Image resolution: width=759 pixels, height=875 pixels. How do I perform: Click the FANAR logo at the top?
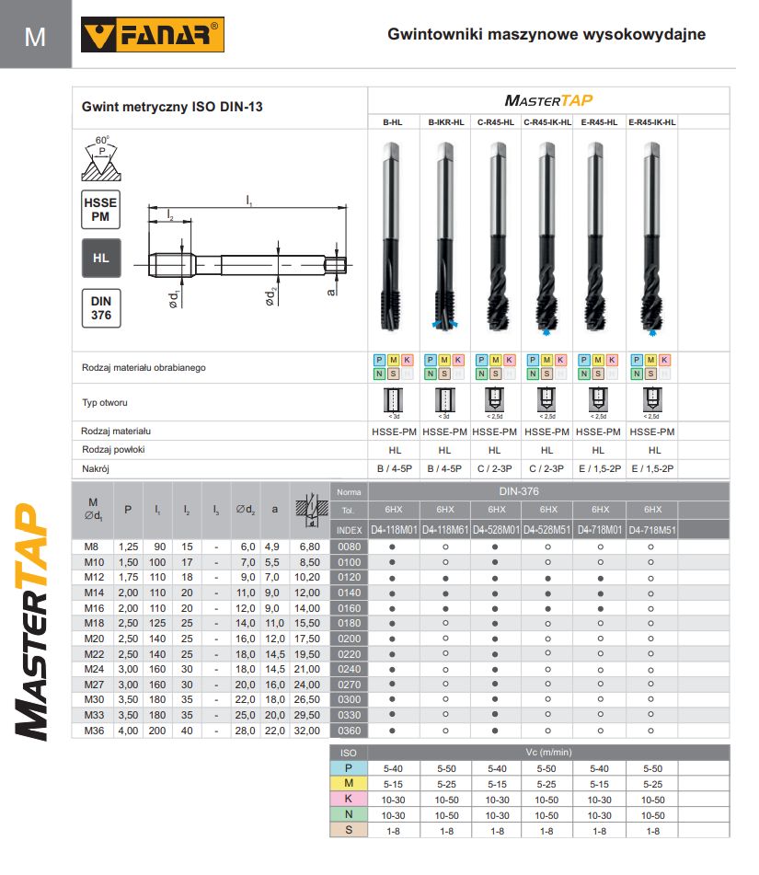pyautogui.click(x=153, y=36)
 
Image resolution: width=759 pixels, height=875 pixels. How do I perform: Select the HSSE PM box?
pyautogui.click(x=101, y=208)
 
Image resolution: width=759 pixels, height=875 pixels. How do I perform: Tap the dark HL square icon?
pyautogui.click(x=101, y=259)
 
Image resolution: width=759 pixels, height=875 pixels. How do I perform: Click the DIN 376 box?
pyautogui.click(x=101, y=308)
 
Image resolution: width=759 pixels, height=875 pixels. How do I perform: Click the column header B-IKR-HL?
pyautogui.click(x=445, y=121)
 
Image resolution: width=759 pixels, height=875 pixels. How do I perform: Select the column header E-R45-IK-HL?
pyautogui.click(x=652, y=121)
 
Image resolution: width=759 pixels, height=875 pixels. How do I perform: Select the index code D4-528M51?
pyautogui.click(x=547, y=530)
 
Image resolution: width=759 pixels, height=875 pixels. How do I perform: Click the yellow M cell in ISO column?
pyautogui.click(x=349, y=783)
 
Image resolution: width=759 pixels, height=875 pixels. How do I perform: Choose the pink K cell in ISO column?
pyautogui.click(x=349, y=799)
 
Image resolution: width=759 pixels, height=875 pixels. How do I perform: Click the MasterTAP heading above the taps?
pyautogui.click(x=548, y=100)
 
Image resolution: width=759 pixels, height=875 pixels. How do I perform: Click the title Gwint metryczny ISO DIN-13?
pyautogui.click(x=173, y=107)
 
